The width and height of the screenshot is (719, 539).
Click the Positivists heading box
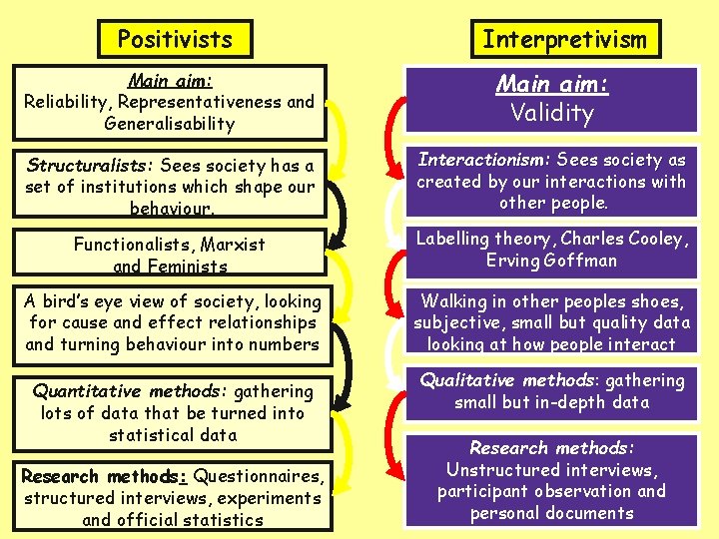coord(175,39)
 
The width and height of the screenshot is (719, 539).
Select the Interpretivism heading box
coord(564,39)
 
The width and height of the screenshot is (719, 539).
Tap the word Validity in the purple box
coord(552,113)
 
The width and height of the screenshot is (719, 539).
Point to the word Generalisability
coord(170,124)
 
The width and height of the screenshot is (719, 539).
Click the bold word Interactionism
coord(482,160)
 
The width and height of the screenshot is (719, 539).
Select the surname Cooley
coord(653,239)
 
